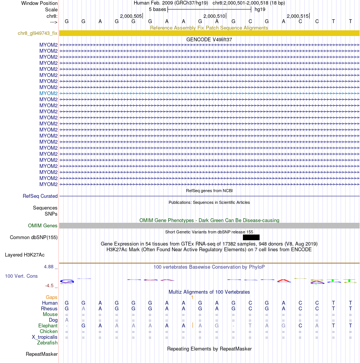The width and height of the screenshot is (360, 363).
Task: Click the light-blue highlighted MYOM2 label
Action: (x=49, y=93)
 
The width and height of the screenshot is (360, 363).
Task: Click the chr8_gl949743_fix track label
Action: (x=38, y=33)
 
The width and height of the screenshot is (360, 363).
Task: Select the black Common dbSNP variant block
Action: (x=251, y=238)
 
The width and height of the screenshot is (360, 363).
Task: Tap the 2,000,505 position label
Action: (x=131, y=16)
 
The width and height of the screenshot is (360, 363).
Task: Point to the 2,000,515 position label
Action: (x=297, y=16)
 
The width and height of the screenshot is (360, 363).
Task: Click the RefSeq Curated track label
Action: (x=40, y=196)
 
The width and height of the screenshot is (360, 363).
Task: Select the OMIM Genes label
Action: (x=43, y=226)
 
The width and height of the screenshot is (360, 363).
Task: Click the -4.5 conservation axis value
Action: (x=50, y=286)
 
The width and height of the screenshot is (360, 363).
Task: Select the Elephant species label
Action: (x=48, y=326)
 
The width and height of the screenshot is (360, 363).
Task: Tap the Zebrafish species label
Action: (x=47, y=343)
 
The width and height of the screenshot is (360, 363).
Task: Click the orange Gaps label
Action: (x=52, y=297)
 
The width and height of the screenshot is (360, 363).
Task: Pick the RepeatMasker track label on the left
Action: (x=42, y=354)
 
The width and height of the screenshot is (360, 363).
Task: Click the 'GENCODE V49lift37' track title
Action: (x=209, y=39)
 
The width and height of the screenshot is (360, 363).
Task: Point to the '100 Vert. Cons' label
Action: (x=21, y=276)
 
